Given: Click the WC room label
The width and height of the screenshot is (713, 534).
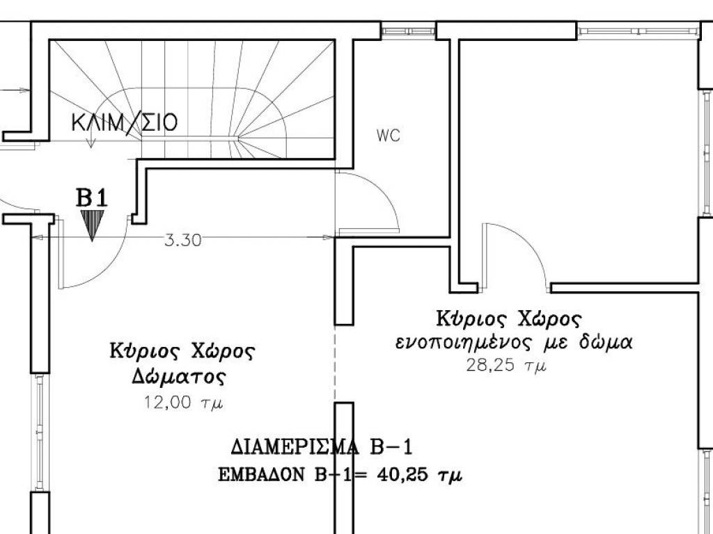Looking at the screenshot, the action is point(389,136).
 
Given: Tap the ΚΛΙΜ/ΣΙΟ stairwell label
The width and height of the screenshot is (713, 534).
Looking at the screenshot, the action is point(125,122).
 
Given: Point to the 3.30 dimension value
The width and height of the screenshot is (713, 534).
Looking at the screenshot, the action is point(182,240).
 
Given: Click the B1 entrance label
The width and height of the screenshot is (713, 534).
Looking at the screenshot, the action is point(92,198).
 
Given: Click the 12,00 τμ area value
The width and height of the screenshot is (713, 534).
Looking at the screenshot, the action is point(183,403).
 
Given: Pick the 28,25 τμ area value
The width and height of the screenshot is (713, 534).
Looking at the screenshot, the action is point(506,365).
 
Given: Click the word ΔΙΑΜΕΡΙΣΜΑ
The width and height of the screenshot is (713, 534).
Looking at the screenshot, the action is point(295,448).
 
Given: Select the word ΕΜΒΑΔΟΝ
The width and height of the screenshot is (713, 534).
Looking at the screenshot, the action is point(261,475).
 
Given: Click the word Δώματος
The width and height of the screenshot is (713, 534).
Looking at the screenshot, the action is point(179,376).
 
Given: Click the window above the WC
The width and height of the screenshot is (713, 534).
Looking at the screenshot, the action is point(408,31).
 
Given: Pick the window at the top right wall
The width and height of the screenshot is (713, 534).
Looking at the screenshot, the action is point(638,31).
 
